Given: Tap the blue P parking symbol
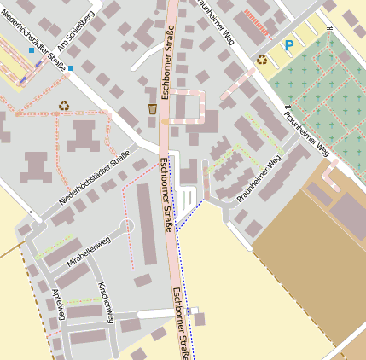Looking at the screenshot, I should click(x=288, y=45).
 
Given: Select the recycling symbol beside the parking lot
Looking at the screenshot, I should click(x=262, y=60).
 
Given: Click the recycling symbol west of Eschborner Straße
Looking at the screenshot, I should click(x=64, y=106).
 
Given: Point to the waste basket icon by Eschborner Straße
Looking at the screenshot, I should click(x=152, y=108).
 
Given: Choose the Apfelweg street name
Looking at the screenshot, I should click(x=58, y=304).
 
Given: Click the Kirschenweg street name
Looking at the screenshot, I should click(x=106, y=302).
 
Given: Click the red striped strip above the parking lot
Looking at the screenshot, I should click(x=256, y=23).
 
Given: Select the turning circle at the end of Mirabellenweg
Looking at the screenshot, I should click(x=127, y=226).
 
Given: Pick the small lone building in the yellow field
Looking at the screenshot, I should click(x=200, y=319).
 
